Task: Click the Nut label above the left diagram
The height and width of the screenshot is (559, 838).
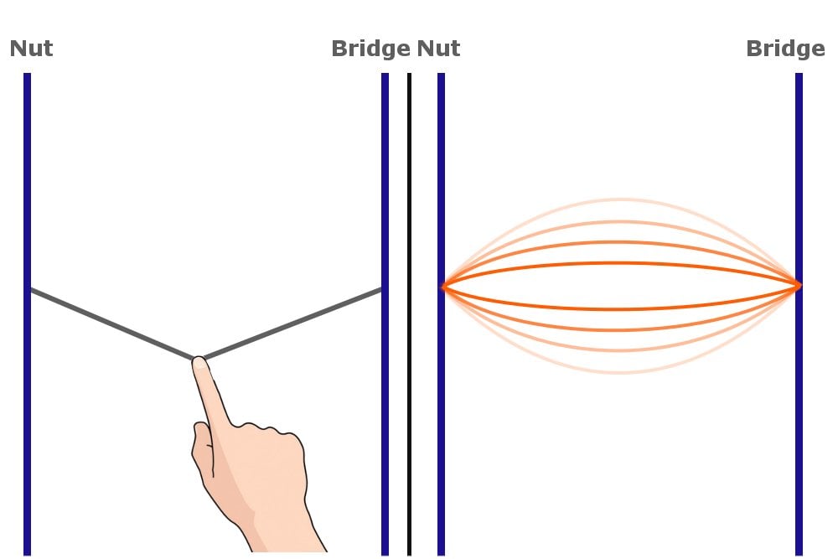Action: [x=31, y=49]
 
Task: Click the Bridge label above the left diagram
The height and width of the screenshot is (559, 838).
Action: [x=370, y=49]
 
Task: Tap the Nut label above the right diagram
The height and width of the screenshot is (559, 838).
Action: [x=438, y=49]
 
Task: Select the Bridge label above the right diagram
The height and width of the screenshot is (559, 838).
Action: [x=785, y=49]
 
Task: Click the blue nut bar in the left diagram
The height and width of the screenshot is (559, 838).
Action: [x=28, y=168]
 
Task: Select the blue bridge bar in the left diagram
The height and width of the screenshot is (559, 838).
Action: [x=385, y=168]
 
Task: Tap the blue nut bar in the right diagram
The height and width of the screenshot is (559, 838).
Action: [x=442, y=168]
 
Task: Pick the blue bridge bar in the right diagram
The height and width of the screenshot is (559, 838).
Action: [x=799, y=168]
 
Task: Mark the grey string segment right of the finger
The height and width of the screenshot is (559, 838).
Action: [x=293, y=324]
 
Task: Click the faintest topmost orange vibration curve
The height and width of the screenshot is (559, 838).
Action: [x=620, y=199]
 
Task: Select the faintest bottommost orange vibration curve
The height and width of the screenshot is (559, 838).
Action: [x=620, y=372]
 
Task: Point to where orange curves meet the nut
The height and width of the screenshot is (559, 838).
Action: [x=444, y=287]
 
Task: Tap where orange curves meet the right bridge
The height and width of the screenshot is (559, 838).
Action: [x=797, y=287]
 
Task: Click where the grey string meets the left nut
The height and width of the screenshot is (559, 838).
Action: [x=31, y=290]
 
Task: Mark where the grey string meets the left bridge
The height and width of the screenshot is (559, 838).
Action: [x=382, y=290]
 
